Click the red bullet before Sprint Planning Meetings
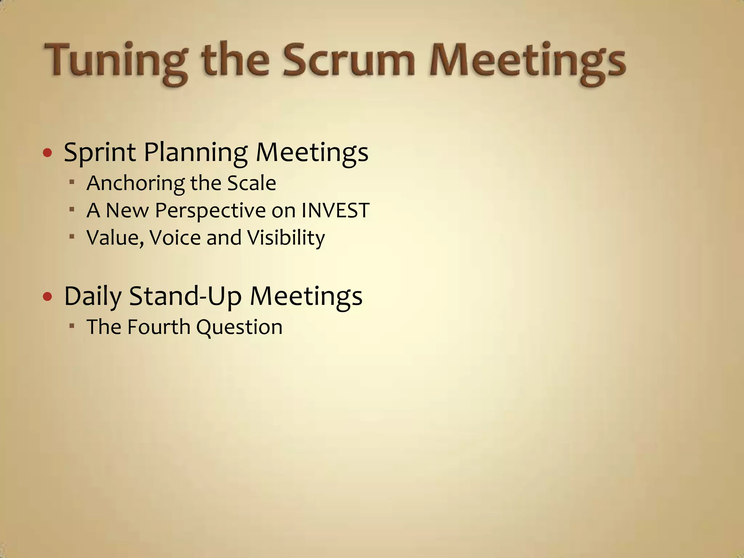tap(48, 153)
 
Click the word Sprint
tap(100, 153)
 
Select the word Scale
tap(251, 183)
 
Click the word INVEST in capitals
tap(335, 210)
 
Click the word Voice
tap(175, 238)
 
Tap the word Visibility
tap(286, 238)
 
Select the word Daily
tap(93, 296)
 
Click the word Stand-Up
tap(185, 296)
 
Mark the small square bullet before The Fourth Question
tap(72, 325)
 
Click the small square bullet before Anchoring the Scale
tap(72, 182)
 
